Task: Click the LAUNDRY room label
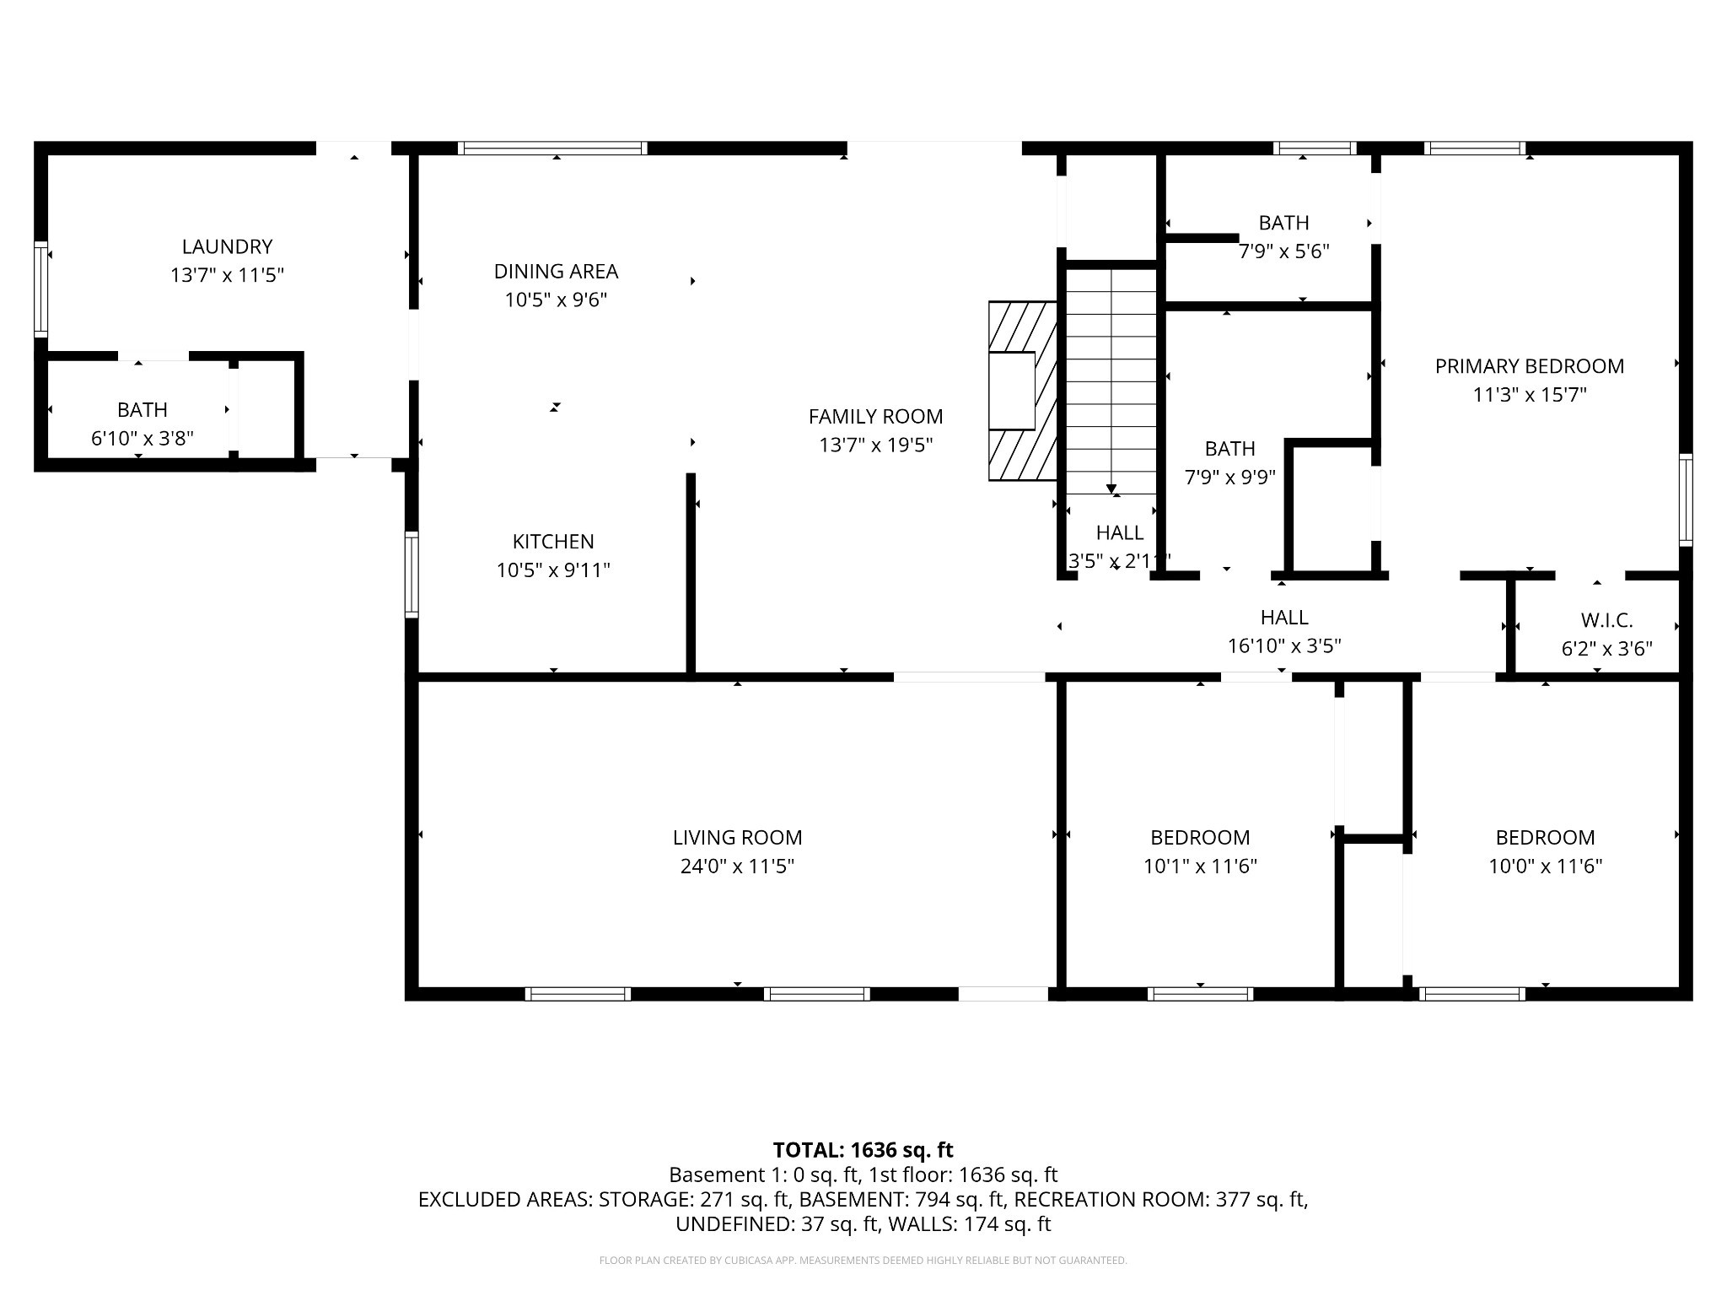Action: pos(227,246)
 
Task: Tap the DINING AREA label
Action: pos(556,271)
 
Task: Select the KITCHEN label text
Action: pos(553,541)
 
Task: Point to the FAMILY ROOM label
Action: pos(875,416)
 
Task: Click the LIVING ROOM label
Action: pos(737,837)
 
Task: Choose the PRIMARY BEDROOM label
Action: pos(1529,366)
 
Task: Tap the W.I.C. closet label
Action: pos(1606,620)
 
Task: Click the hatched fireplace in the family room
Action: pos(1022,391)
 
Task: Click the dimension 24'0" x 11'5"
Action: pos(737,866)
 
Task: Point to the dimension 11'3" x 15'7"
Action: pos(1529,394)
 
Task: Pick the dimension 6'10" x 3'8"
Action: pos(142,438)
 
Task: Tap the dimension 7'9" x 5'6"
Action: pos(1283,251)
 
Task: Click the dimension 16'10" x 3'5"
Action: pos(1283,645)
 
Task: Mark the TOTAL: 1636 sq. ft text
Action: pos(863,1149)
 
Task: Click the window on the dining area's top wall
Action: pos(552,148)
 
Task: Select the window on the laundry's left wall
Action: pos(40,289)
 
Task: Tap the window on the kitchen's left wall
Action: pos(412,574)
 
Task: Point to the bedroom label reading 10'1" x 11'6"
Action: pos(1200,866)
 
